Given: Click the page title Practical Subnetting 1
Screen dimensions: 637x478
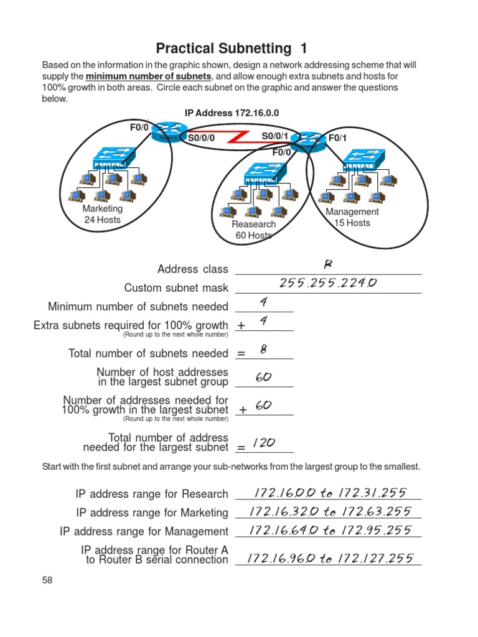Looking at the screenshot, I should tap(231, 48).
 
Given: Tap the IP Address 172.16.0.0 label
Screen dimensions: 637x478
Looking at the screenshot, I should tap(232, 113).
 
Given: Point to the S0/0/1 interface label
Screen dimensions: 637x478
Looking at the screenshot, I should tap(274, 136).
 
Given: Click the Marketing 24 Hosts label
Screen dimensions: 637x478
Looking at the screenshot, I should tap(103, 214).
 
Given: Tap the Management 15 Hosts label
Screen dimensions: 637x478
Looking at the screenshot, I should tap(352, 217).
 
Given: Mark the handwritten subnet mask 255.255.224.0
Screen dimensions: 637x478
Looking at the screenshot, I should tap(328, 283).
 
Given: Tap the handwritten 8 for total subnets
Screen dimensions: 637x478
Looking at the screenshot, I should tap(264, 350).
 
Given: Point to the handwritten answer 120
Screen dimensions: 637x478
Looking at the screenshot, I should tap(264, 443).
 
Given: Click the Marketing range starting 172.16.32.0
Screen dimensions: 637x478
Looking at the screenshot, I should tap(329, 511).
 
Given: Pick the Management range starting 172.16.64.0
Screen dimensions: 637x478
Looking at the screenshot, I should tap(329, 531).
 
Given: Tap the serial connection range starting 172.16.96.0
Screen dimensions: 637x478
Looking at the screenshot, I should tap(330, 558).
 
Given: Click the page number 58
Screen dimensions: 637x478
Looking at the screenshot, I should tap(47, 580).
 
